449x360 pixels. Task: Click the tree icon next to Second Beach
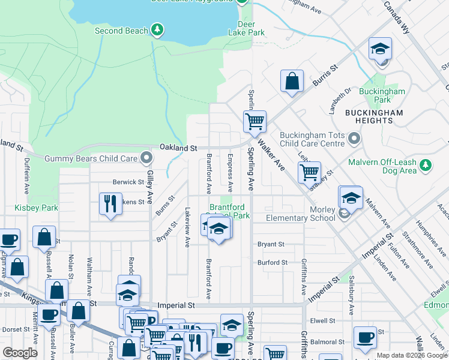coord(157,29)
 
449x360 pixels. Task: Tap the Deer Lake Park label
coord(250,28)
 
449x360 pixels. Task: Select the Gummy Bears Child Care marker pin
coord(146,158)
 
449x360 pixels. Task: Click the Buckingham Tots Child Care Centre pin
coord(354,140)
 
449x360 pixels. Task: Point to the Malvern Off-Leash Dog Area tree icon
coord(426,164)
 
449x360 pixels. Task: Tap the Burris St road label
coord(324,73)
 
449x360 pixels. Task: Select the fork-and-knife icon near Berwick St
coord(110,203)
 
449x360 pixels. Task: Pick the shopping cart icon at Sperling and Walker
coord(255,121)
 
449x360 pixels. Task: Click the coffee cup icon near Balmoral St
coord(365,337)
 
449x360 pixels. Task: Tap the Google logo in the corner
coord(19,353)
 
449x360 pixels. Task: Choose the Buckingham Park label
coord(382,95)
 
